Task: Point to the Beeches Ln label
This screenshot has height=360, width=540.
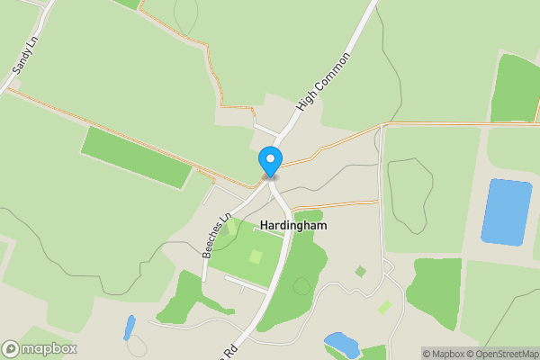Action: click(217, 236)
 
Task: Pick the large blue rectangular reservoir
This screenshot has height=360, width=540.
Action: click(506, 211)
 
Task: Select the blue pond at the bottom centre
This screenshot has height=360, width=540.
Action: click(342, 344)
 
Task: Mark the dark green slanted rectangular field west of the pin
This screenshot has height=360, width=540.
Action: click(136, 157)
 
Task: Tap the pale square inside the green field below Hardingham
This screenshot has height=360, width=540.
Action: click(256, 256)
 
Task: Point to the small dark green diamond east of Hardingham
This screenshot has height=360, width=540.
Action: click(361, 271)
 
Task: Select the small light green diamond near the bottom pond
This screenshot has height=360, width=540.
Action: click(385, 308)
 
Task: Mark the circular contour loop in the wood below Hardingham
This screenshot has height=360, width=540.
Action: click(302, 286)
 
